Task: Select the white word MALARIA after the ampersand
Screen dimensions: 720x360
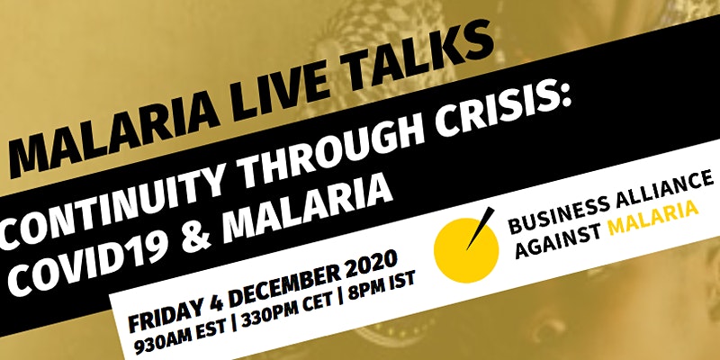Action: click(307, 203)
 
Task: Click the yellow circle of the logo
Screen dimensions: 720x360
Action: click(466, 250)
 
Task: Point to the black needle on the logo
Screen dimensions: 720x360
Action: click(481, 229)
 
